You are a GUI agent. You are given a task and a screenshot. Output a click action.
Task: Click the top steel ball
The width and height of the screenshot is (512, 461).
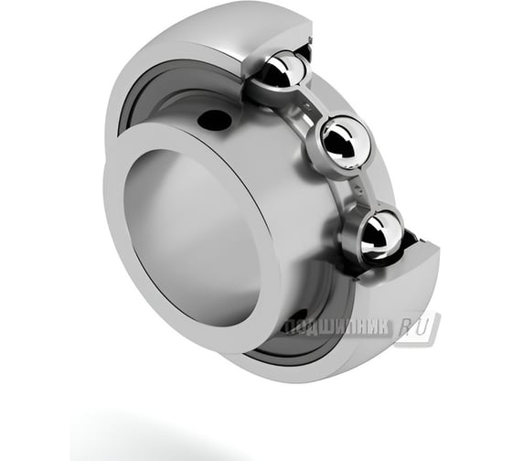[283, 70]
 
